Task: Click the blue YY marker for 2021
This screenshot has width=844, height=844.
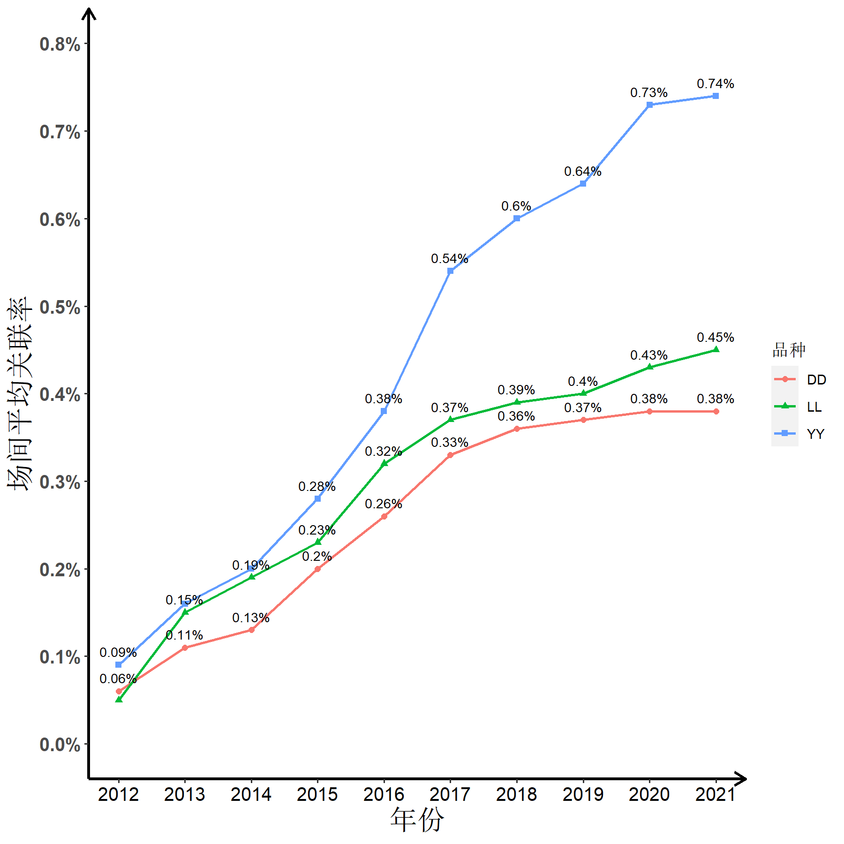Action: tap(716, 96)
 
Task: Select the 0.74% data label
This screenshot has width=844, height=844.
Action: tap(715, 84)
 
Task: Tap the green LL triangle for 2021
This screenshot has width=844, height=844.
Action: tap(716, 349)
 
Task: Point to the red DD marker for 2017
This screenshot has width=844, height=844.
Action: tap(450, 455)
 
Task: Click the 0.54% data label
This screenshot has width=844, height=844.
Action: tap(449, 259)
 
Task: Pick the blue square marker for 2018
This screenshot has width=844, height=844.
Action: tap(517, 219)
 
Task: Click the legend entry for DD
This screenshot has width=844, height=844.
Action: tap(816, 380)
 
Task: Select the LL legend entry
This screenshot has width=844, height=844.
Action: tap(814, 407)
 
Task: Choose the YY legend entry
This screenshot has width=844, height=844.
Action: tap(815, 434)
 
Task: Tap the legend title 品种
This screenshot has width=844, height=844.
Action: tap(789, 350)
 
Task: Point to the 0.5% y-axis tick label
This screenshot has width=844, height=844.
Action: tap(60, 308)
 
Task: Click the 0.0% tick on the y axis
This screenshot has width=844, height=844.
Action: tap(60, 745)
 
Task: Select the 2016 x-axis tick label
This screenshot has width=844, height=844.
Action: tap(384, 794)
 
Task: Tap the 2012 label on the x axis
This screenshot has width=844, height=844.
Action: tap(118, 794)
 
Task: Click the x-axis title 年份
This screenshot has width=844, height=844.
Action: tap(417, 820)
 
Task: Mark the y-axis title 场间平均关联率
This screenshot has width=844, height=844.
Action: tap(20, 394)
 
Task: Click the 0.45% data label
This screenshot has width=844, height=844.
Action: tap(715, 338)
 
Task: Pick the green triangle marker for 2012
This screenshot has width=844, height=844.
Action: tap(119, 699)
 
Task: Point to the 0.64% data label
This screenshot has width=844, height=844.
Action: tap(582, 172)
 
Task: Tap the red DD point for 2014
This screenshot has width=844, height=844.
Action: tap(251, 630)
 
